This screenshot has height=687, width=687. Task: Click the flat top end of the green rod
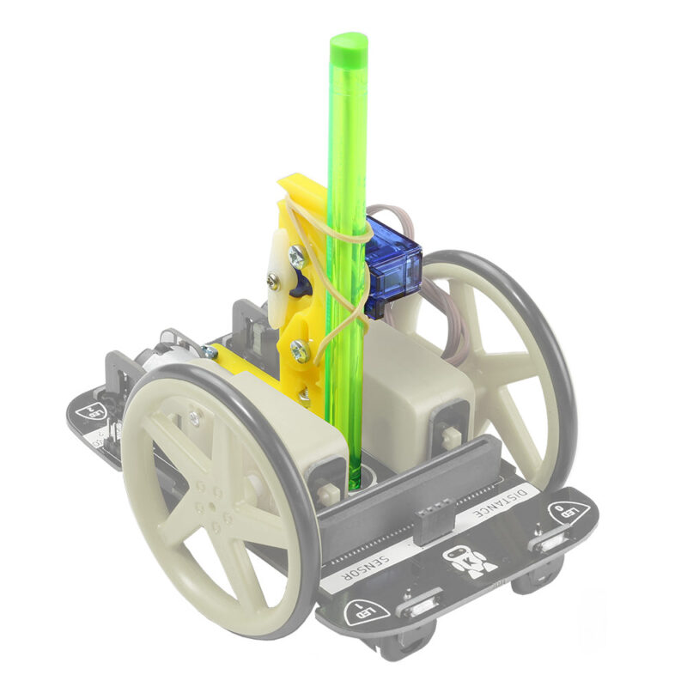[348, 40]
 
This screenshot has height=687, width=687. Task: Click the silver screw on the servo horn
[273, 278]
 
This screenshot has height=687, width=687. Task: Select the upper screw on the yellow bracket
[296, 254]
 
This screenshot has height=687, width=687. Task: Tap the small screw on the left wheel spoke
[195, 416]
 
